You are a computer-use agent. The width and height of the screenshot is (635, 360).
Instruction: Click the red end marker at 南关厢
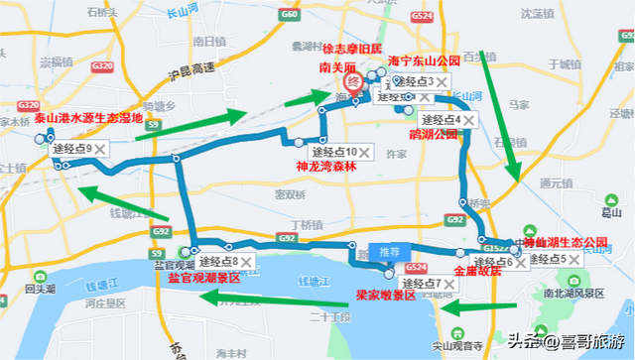tap(349, 82)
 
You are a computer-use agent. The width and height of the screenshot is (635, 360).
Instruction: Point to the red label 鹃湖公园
tap(434, 133)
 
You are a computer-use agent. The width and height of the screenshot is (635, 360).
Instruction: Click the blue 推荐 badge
tap(386, 252)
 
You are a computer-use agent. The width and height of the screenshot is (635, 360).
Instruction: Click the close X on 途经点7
tap(449, 284)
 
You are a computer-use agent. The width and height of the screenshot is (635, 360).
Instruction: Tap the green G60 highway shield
tap(290, 17)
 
